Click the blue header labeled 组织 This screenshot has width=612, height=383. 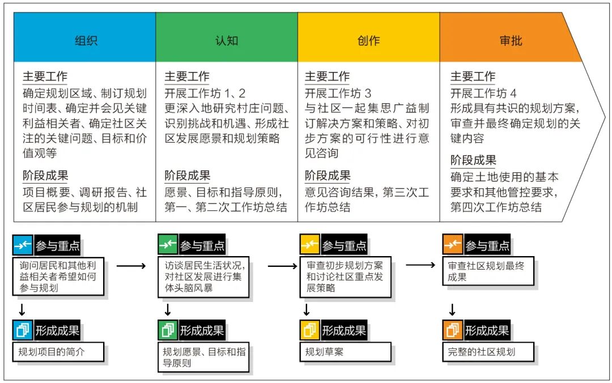[84, 37]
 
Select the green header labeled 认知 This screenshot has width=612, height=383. [227, 37]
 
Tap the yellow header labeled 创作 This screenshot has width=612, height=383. [369, 37]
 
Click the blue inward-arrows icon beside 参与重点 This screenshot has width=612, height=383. [23, 245]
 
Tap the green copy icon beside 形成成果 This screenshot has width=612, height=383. [168, 330]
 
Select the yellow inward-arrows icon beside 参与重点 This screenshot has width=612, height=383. [310, 245]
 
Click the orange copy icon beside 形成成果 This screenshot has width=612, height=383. [453, 330]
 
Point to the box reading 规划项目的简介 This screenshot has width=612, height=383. [58, 352]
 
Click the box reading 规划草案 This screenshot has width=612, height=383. [346, 352]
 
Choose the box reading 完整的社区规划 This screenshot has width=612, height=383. [488, 352]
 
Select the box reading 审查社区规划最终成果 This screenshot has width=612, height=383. [488, 271]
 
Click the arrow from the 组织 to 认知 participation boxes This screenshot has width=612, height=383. [131, 266]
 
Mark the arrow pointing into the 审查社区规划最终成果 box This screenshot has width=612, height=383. [420, 265]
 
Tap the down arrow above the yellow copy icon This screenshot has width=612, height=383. [307, 309]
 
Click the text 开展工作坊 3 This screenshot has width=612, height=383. [338, 93]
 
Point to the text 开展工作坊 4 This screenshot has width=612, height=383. [483, 93]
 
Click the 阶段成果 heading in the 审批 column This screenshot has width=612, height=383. [473, 160]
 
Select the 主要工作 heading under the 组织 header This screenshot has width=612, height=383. [45, 76]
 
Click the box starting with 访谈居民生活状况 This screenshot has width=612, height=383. [203, 277]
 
